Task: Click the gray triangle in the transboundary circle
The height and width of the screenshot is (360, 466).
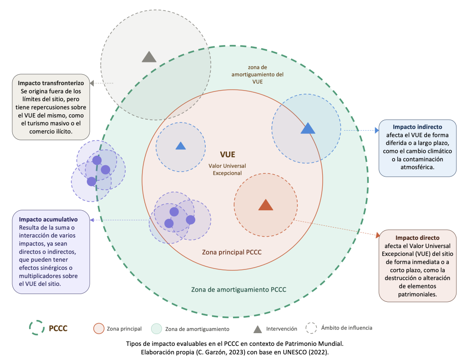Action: (149, 57)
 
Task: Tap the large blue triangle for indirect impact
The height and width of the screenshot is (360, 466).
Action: (308, 128)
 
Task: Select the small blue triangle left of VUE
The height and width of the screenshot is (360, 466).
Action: (181, 146)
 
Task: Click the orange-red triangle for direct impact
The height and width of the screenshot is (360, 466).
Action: (266, 205)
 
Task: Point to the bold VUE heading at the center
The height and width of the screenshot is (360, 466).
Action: (228, 155)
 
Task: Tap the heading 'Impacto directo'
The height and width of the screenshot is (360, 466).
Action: (417, 238)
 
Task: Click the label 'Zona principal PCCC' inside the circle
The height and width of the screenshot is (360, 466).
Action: (231, 252)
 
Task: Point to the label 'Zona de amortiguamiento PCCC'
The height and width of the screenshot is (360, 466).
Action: (238, 289)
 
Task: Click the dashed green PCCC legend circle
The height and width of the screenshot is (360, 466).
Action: (36, 327)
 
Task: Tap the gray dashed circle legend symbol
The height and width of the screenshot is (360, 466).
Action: (311, 328)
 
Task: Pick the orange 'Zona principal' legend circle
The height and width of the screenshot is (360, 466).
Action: (99, 328)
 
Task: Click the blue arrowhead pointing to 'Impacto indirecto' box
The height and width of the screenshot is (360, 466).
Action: (376, 130)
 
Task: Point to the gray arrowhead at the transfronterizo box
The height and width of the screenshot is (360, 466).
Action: (92, 83)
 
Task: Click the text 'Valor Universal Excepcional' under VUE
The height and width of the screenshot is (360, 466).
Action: (228, 169)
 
